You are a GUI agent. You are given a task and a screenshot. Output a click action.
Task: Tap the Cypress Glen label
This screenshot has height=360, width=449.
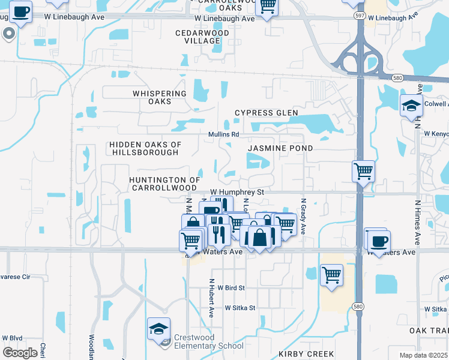pyautogui.click(x=267, y=113)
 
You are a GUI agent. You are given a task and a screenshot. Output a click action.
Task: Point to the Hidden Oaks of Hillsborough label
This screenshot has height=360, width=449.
pyautogui.click(x=145, y=148)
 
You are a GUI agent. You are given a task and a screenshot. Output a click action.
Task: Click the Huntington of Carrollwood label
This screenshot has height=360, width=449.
pyautogui.click(x=164, y=184)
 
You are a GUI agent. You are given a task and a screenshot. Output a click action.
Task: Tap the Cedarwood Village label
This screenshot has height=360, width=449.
pyautogui.click(x=198, y=37)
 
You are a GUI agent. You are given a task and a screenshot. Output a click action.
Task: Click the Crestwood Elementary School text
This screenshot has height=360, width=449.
pyautogui.click(x=209, y=341)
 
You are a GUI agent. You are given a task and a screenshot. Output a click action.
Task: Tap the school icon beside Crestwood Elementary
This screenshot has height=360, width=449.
pyautogui.click(x=159, y=329)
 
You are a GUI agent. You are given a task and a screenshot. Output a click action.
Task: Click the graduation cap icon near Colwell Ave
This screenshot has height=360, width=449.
pyautogui.click(x=411, y=106)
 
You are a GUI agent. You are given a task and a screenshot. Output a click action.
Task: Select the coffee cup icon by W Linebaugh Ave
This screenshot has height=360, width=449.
pyautogui.click(x=20, y=12)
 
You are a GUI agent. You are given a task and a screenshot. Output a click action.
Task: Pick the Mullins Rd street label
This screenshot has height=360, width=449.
pyautogui.click(x=224, y=134)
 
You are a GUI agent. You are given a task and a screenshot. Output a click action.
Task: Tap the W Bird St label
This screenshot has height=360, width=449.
pyautogui.click(x=231, y=288)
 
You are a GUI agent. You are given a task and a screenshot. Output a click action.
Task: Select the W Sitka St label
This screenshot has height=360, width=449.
pyautogui.click(x=240, y=308)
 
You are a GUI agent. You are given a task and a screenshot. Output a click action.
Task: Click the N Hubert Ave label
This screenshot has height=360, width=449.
pyautogui.click(x=211, y=298)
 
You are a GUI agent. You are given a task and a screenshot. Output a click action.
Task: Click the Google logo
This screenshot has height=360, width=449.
pyautogui.click(x=20, y=353)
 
